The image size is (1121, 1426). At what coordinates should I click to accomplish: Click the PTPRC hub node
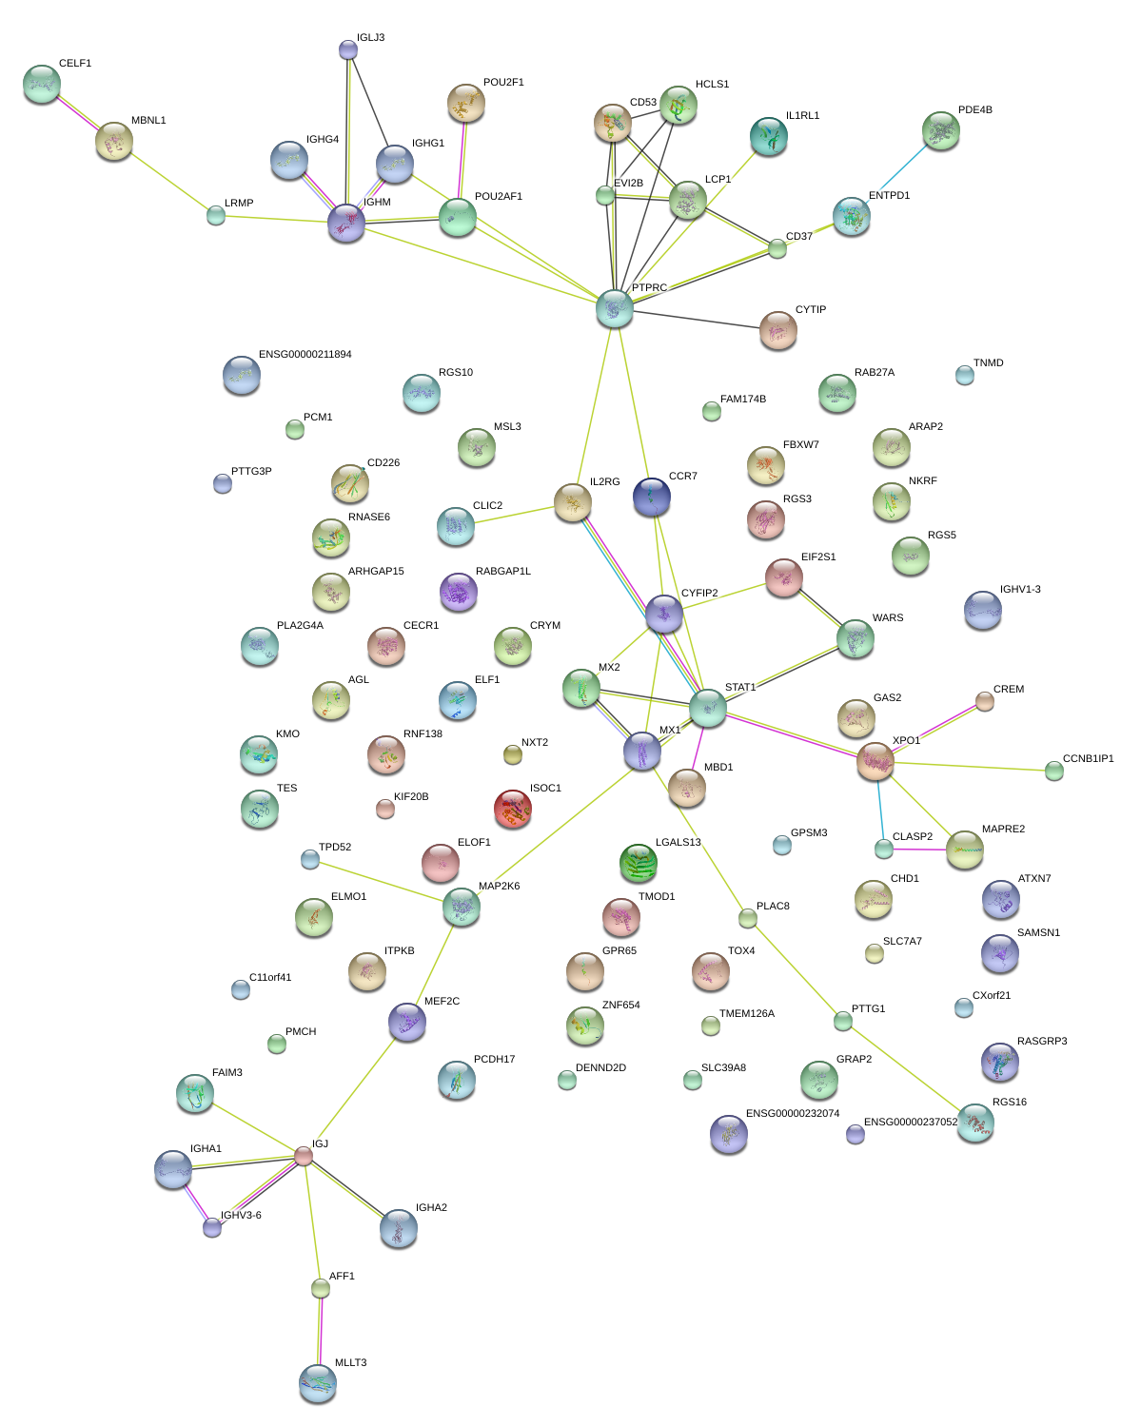(x=615, y=308)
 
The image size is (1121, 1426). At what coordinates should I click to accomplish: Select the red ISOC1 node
(x=513, y=809)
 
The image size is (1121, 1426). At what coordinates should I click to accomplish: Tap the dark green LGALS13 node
(x=638, y=863)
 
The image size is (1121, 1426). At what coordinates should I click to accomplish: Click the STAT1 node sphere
(x=707, y=708)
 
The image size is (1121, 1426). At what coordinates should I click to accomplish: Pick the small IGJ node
(x=304, y=1156)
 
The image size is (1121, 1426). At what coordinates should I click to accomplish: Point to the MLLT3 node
(x=318, y=1383)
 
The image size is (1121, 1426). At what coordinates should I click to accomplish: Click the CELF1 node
(x=42, y=84)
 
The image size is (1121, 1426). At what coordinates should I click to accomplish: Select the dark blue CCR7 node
(x=652, y=498)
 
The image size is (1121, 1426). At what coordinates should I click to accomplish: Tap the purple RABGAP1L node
(x=458, y=592)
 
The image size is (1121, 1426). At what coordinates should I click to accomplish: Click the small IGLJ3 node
(x=348, y=49)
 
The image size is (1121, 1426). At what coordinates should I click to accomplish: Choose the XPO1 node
(x=875, y=761)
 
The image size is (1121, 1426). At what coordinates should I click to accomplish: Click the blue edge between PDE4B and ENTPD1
(x=904, y=166)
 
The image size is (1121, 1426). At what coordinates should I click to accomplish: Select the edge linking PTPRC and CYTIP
(x=697, y=319)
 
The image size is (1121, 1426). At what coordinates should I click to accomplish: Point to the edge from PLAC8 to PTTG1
(x=796, y=970)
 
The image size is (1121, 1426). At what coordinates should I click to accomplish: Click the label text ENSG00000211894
(x=305, y=355)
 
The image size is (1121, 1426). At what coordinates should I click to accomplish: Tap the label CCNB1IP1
(x=1089, y=758)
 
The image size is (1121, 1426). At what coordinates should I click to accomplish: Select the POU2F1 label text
(x=503, y=82)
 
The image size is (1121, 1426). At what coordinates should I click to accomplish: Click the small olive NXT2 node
(x=513, y=754)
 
